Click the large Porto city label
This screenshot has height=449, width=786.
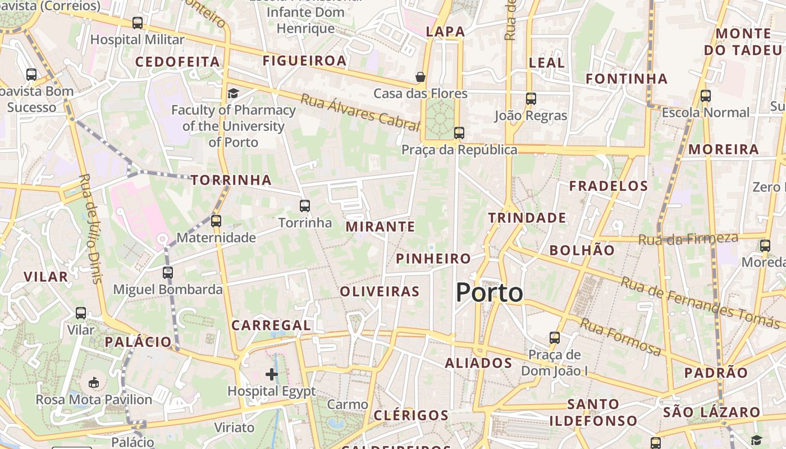point(489,292)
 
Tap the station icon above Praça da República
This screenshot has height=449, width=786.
point(459,133)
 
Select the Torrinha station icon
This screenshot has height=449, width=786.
point(305,206)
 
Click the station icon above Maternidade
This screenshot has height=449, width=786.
point(216,221)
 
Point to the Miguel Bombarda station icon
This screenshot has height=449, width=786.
point(168,273)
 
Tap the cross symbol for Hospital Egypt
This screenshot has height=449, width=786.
point(272,374)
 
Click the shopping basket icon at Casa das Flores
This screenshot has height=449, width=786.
point(420,76)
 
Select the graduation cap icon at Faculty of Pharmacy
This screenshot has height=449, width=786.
point(233,93)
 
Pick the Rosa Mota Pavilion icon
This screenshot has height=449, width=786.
point(94,383)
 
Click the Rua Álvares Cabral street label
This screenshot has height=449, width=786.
point(360,111)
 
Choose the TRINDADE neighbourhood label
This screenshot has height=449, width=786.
point(527,218)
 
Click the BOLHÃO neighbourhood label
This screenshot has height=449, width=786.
point(582,250)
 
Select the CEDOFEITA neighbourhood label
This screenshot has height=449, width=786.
point(177,62)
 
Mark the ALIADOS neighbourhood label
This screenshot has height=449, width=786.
point(478,363)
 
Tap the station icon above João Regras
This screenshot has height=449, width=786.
point(531,99)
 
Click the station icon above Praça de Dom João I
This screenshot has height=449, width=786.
point(555,337)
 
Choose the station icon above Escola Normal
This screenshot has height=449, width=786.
point(706,96)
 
